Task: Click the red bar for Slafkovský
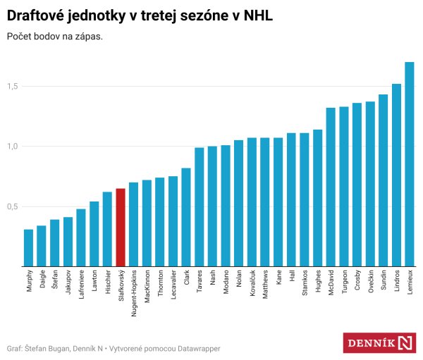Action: pyautogui.click(x=121, y=228)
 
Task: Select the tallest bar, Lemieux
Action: pyautogui.click(x=410, y=165)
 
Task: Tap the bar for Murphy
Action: pyautogui.click(x=28, y=248)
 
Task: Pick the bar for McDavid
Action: pyautogui.click(x=331, y=187)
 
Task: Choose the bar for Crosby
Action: pyautogui.click(x=357, y=185)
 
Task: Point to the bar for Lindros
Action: pyautogui.click(x=396, y=175)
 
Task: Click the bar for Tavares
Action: pyautogui.click(x=199, y=207)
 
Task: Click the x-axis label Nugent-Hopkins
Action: pyautogui.click(x=134, y=294)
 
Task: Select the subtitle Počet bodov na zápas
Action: pyautogui.click(x=54, y=36)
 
